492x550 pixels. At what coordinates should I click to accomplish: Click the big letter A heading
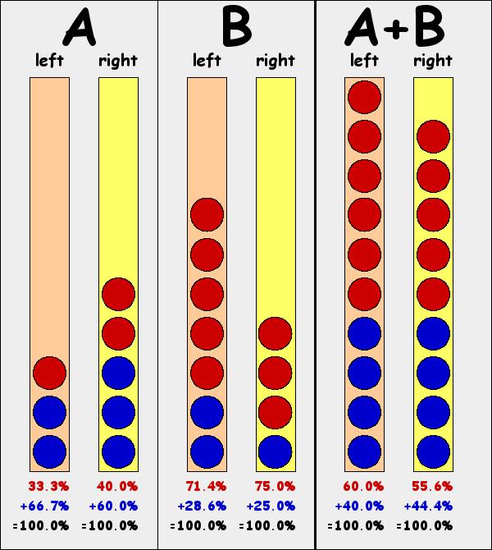(80, 29)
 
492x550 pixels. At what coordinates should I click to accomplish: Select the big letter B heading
(236, 29)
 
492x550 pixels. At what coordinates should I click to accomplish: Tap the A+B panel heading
(396, 29)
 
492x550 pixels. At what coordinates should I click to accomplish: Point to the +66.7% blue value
(47, 506)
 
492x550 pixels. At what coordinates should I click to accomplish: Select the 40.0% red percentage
(117, 486)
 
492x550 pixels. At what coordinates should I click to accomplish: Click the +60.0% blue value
(116, 506)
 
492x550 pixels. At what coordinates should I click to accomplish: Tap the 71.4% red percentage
(206, 486)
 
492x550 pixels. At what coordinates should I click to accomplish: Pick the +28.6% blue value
(204, 506)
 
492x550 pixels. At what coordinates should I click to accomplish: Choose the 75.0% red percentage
(275, 486)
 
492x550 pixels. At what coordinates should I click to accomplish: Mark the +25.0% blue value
(273, 506)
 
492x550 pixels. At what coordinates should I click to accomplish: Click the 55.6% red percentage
(432, 486)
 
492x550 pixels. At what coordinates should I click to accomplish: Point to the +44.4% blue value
(430, 506)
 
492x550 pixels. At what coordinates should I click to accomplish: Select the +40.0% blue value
(362, 506)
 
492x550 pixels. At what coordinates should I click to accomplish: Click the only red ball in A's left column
(49, 373)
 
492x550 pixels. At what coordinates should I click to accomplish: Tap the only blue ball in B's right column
(276, 451)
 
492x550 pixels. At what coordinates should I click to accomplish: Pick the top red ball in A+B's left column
(364, 97)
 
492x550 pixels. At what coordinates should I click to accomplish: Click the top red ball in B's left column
(207, 215)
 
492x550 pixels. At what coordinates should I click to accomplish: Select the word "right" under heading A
(118, 60)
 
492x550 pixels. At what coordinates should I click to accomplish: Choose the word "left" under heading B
(207, 60)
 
